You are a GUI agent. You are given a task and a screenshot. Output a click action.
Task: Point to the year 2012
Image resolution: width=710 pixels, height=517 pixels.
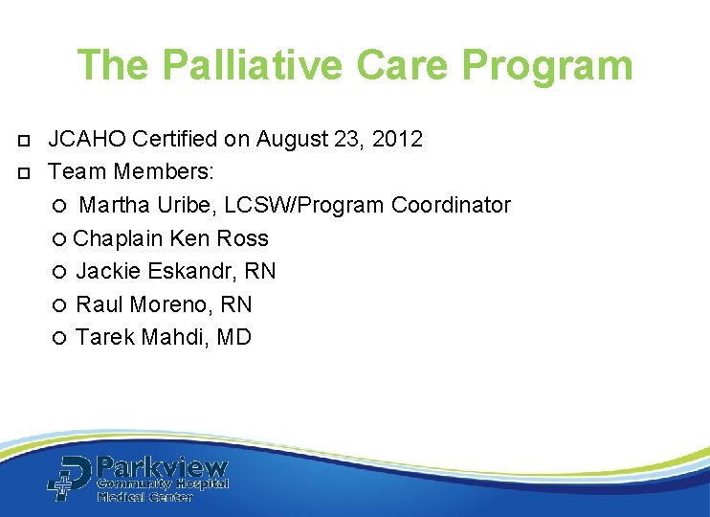(397, 140)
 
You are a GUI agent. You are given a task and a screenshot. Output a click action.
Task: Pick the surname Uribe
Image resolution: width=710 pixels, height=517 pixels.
(180, 205)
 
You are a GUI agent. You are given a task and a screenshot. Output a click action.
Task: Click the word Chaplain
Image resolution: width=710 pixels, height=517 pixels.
(113, 238)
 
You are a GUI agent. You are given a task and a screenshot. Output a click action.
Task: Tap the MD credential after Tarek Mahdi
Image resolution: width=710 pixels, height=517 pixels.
(234, 337)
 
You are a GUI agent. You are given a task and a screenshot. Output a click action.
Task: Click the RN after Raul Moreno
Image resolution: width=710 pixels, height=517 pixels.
(235, 304)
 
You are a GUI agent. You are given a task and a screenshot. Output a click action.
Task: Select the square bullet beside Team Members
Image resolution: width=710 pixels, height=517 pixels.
(23, 173)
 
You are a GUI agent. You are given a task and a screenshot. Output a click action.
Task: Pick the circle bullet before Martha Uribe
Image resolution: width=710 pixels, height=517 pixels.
(60, 206)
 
